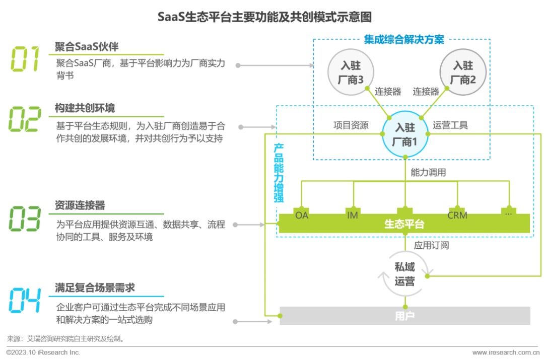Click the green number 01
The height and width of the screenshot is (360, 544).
point(25,59)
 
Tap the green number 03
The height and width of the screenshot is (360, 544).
point(25,218)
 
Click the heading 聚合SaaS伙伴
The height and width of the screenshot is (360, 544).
point(87,47)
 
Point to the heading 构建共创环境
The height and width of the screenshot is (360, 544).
point(85,108)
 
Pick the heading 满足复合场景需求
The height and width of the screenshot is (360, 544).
point(95,287)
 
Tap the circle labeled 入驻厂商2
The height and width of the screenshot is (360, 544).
point(462,73)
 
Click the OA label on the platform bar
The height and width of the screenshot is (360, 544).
point(302,215)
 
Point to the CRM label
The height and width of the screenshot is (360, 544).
point(457,215)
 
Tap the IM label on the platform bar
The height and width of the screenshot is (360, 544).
point(352,215)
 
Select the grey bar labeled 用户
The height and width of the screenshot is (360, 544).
point(405,316)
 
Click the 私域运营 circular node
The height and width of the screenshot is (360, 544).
point(404,274)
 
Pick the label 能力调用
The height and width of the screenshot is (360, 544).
point(428,172)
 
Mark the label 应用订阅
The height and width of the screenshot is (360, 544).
point(431,246)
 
